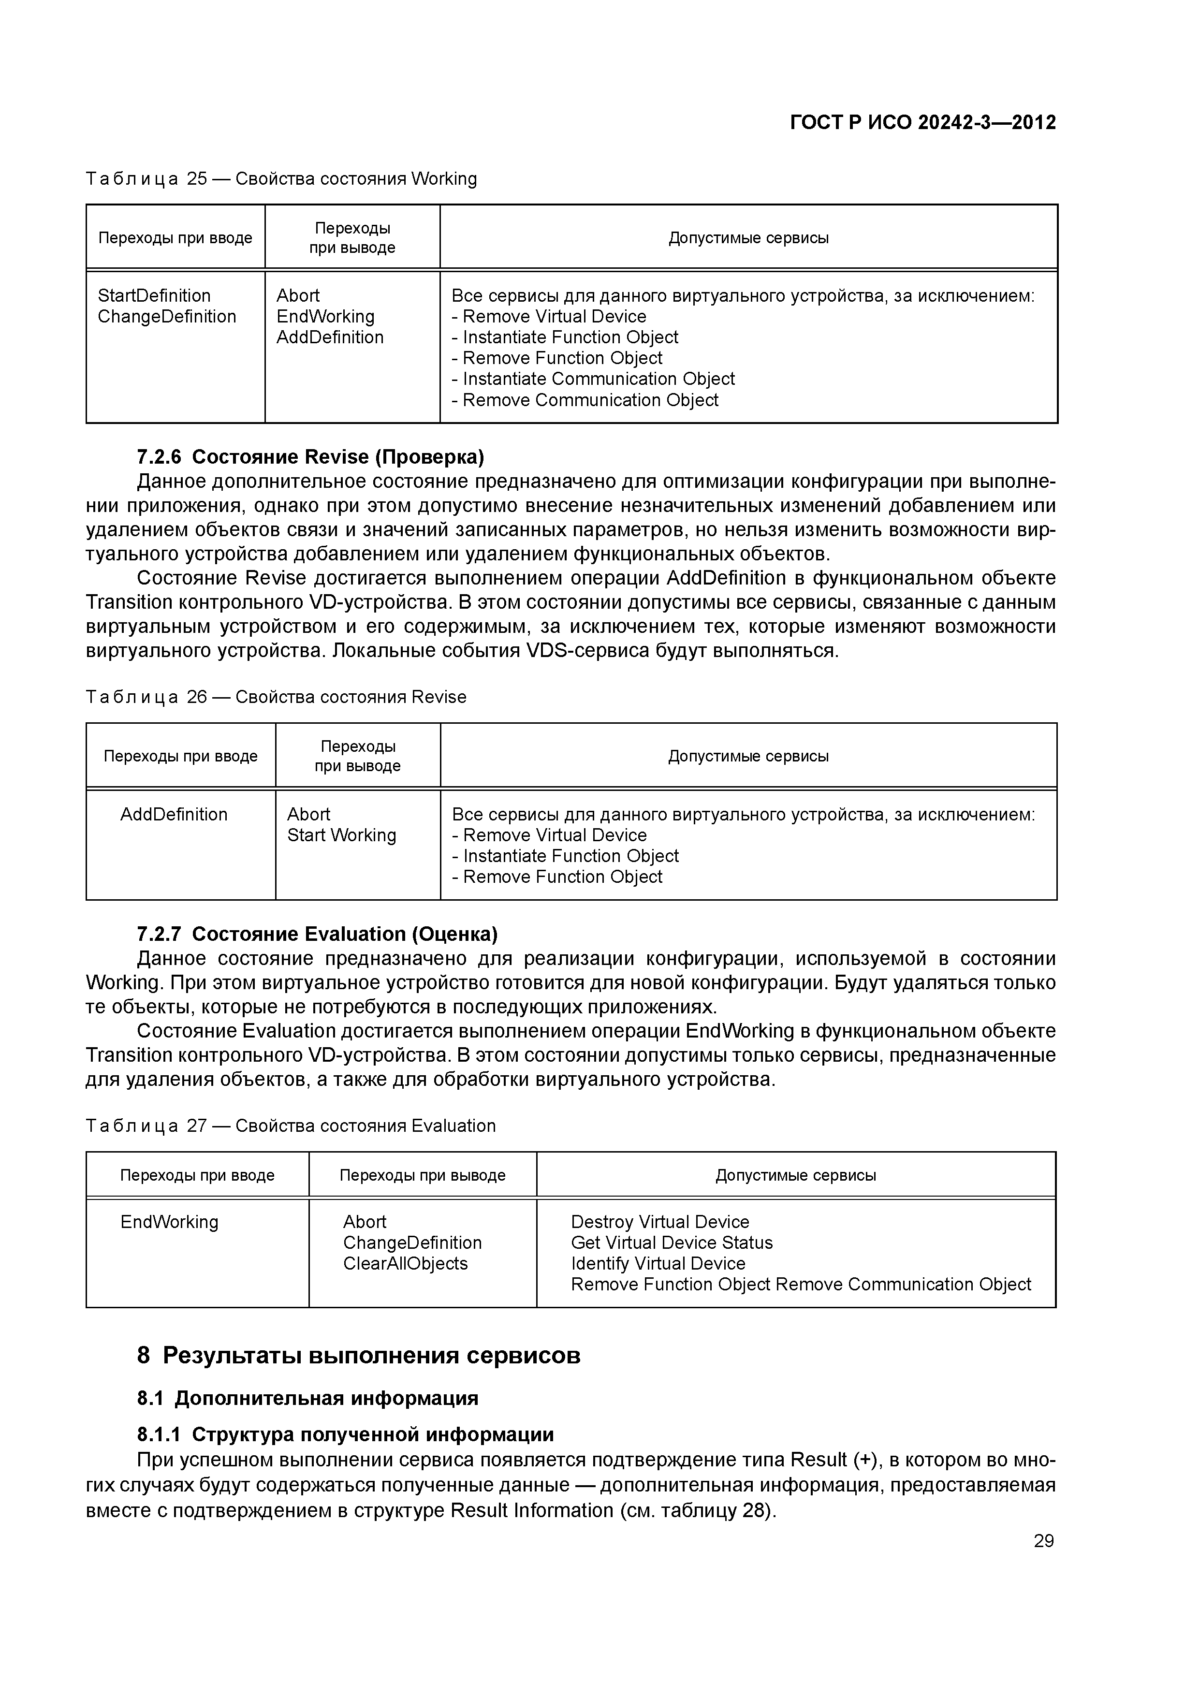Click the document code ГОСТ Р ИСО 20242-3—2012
click(x=923, y=123)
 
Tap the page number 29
click(x=1043, y=1541)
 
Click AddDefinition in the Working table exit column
click(x=330, y=337)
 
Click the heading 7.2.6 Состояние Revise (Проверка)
click(x=310, y=457)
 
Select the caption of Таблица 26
click(x=276, y=697)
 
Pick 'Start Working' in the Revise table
click(x=341, y=835)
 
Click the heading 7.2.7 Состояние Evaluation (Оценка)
click(x=317, y=935)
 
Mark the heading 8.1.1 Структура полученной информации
click(x=345, y=1434)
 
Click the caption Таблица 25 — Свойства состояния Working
click(x=281, y=179)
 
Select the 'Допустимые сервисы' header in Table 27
click(x=796, y=1175)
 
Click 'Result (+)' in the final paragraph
click(x=835, y=1461)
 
